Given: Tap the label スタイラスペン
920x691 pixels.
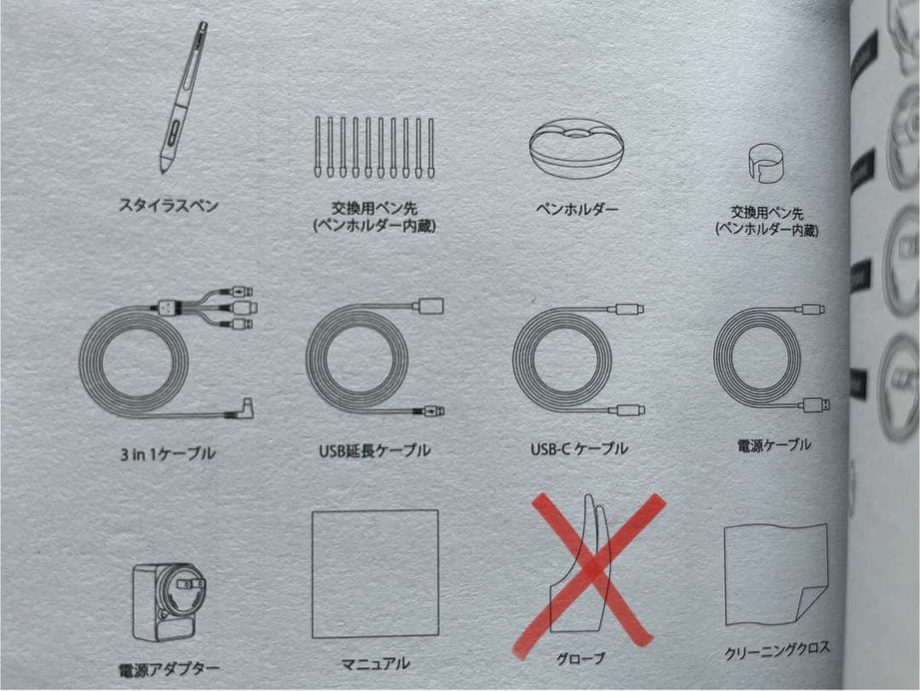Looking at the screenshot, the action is [x=169, y=205].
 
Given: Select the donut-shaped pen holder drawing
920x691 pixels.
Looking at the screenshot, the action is [x=576, y=150].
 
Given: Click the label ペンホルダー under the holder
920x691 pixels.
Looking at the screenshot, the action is [x=578, y=209].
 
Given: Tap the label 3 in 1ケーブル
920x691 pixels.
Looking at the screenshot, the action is [x=168, y=453].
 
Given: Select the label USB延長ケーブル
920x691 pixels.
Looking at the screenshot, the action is [x=374, y=450].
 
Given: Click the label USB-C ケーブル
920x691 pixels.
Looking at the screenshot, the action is [x=579, y=449].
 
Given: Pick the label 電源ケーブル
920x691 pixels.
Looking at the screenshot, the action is [x=773, y=445].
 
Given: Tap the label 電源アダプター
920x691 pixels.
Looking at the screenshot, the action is [x=169, y=670].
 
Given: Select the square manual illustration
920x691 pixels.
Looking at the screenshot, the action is [x=376, y=573].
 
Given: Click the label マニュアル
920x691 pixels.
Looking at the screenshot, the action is [x=376, y=664].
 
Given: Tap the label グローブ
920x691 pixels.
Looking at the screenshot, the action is [x=580, y=659].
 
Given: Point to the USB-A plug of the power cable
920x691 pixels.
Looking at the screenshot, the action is [x=816, y=405].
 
